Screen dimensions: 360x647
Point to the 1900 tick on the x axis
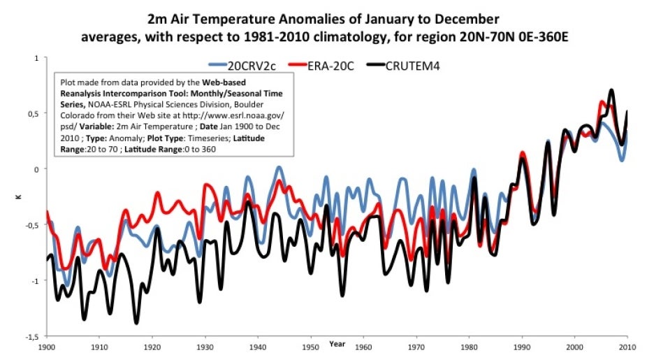pos(47,346)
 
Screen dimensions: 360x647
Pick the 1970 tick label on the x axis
pos(416,346)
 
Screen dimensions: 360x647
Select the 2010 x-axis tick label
pos(627,346)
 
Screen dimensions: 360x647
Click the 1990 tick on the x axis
pos(522,346)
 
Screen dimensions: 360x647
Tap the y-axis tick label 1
pos(36,58)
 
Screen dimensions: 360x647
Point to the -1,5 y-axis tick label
pos(32,336)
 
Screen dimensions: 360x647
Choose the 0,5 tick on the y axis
pos(34,113)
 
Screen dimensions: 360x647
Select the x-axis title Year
pos(337,344)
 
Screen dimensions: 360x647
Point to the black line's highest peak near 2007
pos(611,90)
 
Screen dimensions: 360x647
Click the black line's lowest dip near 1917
pos(136,322)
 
